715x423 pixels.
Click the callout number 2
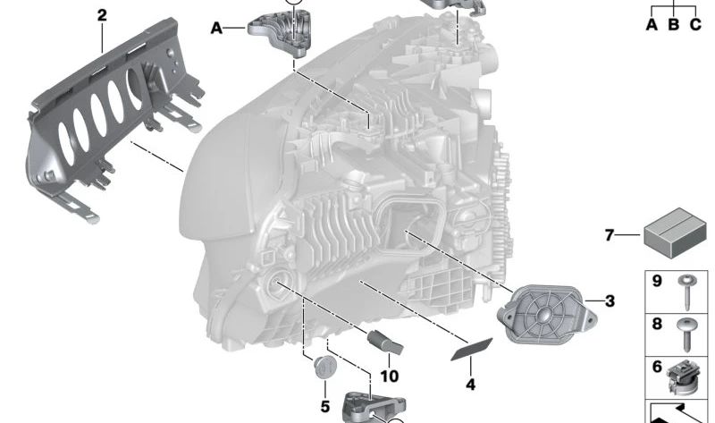101,14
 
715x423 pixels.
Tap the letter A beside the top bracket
216,29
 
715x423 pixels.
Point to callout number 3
610,301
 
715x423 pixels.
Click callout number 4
470,385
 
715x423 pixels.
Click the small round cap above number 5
325,367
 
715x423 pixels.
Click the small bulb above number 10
385,342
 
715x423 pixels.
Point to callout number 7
610,236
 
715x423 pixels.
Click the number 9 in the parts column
656,283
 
